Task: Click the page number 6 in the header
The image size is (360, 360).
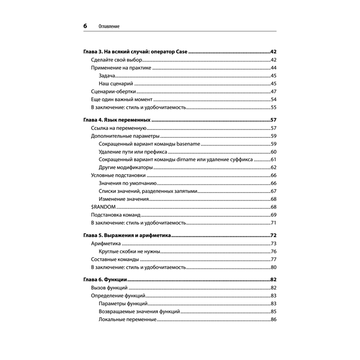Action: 85,26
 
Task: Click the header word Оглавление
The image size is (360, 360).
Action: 109,27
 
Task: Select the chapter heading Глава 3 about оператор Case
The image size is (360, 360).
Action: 136,51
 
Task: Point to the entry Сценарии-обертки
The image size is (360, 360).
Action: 113,91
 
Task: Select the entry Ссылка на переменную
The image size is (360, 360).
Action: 118,128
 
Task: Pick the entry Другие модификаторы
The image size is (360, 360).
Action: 126,167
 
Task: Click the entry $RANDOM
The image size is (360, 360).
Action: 103,207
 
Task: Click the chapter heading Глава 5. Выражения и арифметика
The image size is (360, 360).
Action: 127,235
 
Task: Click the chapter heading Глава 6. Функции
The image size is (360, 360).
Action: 106,280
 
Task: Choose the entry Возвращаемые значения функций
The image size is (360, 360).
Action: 139,311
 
